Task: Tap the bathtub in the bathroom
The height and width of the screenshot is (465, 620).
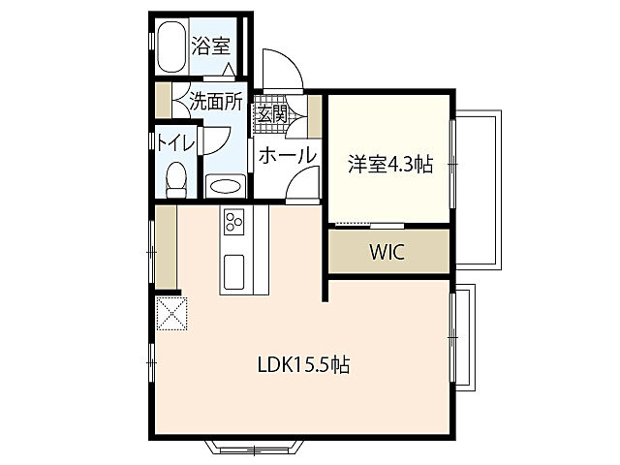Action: pos(171,46)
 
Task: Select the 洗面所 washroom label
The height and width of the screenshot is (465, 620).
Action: pos(215,101)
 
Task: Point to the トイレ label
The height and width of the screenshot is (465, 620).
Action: pos(176,142)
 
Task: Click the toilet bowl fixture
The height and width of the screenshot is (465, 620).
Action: pos(176,178)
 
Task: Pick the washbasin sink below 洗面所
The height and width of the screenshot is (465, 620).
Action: pos(226,184)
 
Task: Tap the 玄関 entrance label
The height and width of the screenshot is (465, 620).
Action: pos(272,112)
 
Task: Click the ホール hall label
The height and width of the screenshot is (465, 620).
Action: pos(287,155)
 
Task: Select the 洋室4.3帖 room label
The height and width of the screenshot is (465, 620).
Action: pos(389,165)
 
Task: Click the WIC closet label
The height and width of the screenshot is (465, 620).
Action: pos(387,253)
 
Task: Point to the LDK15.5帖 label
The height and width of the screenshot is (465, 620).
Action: pos(302,365)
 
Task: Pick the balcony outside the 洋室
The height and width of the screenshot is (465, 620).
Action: pos(476,189)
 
